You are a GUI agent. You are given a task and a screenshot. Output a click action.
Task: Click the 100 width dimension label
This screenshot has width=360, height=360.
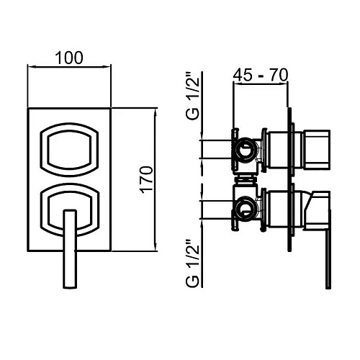(69, 58)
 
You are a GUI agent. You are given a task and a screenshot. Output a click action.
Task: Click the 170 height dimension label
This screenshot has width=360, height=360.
(146, 180)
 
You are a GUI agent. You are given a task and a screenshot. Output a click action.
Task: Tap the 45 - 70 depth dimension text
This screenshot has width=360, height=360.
(261, 75)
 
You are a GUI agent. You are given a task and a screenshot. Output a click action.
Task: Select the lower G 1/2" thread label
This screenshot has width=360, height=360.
(192, 264)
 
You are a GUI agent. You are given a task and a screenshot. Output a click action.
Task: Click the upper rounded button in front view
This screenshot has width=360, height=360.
(69, 150)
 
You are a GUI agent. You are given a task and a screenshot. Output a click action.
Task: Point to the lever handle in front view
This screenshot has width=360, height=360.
(70, 248)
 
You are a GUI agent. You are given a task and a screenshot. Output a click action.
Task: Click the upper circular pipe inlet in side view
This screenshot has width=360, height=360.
(245, 150)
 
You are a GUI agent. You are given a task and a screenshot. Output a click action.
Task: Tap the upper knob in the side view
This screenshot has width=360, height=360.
(317, 150)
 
